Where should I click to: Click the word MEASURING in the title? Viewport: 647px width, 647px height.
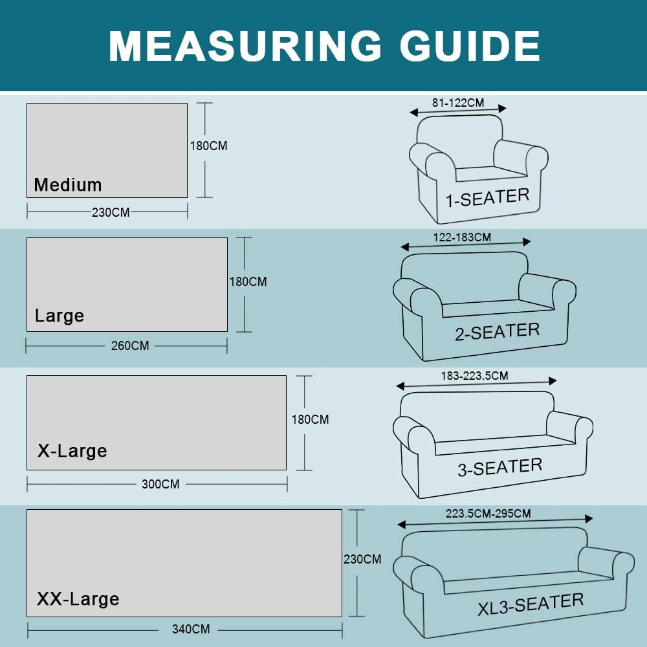[x=245, y=46]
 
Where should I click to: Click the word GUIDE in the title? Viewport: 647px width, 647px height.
[x=470, y=46]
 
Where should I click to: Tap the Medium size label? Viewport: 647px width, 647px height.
[x=68, y=184]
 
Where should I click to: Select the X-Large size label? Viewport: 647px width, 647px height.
[x=72, y=450]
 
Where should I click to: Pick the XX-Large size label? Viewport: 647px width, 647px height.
[x=78, y=598]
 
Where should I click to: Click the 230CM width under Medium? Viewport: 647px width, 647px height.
[x=111, y=212]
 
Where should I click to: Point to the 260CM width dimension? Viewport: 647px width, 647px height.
[x=130, y=345]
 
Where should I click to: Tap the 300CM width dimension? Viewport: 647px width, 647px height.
[x=160, y=484]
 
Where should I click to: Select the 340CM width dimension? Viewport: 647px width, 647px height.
[x=191, y=630]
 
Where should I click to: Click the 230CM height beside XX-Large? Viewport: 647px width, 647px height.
[x=362, y=559]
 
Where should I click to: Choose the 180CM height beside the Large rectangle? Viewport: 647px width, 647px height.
[x=248, y=282]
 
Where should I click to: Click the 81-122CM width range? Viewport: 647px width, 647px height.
[x=458, y=103]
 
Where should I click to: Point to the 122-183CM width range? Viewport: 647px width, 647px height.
[x=462, y=237]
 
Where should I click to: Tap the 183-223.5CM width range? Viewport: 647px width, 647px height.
[x=474, y=376]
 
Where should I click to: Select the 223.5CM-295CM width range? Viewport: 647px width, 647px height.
[x=488, y=514]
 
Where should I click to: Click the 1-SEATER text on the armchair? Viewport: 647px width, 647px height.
[x=487, y=197]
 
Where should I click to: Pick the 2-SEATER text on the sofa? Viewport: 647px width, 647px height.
[x=497, y=332]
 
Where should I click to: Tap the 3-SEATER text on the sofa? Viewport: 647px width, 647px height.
[x=499, y=467]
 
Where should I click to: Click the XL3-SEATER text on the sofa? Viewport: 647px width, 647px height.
[x=531, y=604]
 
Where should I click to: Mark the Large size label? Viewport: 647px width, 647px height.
[x=60, y=316]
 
